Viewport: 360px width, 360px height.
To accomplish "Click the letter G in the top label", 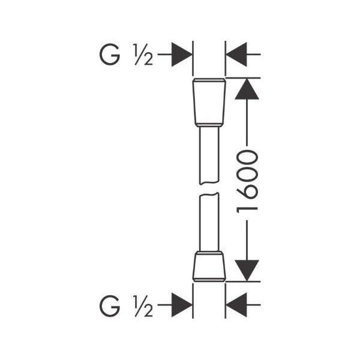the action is tap(110, 55).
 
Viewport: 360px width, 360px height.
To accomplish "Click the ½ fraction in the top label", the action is tap(143, 55).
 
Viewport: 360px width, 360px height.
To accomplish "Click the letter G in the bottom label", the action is tap(110, 305).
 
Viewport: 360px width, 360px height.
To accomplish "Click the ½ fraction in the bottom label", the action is tap(143, 306).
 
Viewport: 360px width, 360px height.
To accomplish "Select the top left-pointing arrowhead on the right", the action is tap(236, 55).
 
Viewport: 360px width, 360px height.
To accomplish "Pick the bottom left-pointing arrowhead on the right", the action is tap(236, 305).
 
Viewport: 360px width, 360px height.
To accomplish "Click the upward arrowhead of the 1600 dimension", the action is tap(247, 89).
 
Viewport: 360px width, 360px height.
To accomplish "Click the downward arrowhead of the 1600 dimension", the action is tap(247, 271).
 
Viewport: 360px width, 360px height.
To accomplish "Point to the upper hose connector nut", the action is tap(209, 103).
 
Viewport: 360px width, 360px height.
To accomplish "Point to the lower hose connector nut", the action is tap(209, 266).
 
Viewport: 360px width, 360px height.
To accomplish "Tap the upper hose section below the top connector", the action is tap(209, 155).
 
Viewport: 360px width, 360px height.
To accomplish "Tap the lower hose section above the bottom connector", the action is tap(209, 222).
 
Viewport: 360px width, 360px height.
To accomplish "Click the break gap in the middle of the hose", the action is tap(209, 189).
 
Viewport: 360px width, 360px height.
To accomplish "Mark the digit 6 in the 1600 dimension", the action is tap(247, 193).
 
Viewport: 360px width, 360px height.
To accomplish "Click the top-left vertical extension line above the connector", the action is tap(193, 58).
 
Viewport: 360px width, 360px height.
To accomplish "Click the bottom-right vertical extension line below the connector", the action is tap(225, 301).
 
